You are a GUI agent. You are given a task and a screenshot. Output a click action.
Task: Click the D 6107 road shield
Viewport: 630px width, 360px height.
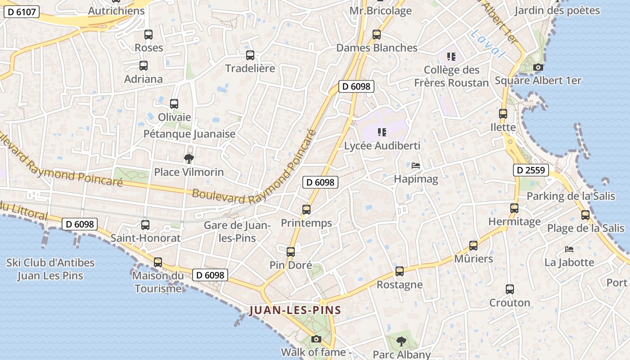[22, 12]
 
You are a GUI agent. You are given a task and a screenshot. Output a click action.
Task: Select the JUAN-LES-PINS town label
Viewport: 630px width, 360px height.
[295, 310]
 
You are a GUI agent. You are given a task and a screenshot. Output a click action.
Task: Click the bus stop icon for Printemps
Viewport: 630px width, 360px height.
[306, 210]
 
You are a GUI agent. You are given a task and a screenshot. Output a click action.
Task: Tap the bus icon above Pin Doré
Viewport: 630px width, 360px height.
[291, 252]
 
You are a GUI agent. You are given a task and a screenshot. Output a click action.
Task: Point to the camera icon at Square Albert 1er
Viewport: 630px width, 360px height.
[538, 67]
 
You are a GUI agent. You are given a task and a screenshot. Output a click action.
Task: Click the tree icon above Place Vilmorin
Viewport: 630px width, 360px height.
[189, 158]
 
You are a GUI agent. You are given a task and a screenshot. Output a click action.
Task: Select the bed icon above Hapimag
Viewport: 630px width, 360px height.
[416, 166]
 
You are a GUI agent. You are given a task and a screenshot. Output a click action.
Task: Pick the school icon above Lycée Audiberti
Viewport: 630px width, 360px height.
[382, 132]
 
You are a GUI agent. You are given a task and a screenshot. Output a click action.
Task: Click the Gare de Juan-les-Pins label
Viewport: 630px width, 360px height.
[237, 231]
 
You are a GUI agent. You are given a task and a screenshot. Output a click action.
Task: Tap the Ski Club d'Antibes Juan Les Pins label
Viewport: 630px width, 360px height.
[50, 269]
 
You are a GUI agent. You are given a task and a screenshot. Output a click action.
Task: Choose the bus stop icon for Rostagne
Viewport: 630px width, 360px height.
[400, 271]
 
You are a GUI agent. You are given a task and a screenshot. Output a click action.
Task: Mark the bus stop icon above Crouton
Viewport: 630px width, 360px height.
[509, 289]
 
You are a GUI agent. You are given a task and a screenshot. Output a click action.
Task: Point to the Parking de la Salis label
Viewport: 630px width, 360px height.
[571, 196]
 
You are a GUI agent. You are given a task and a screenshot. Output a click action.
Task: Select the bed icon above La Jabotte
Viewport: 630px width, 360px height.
[569, 249]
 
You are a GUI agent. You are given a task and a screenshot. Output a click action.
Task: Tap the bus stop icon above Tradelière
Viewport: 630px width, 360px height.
[250, 55]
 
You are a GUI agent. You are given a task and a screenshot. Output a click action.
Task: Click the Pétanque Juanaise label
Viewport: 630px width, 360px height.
[189, 134]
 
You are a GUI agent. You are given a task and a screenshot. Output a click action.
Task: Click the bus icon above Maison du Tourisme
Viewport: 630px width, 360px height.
[158, 262]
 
